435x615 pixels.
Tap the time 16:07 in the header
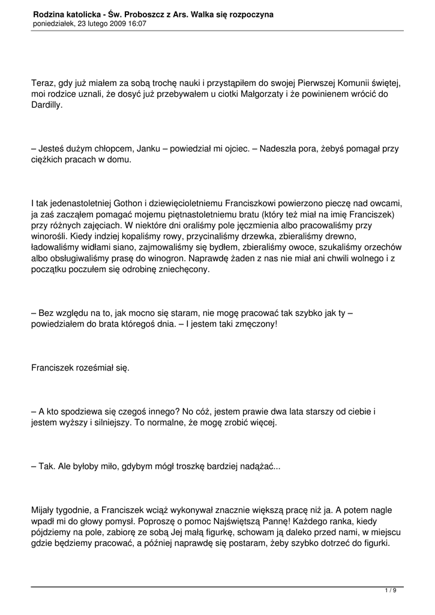coord(136,23)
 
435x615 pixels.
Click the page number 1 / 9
coord(391,591)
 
